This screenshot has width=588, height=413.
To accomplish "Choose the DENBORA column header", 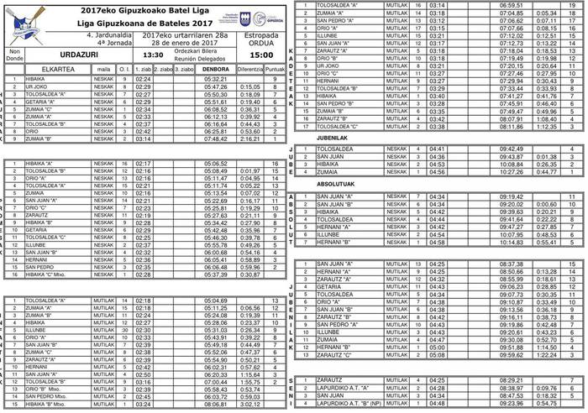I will pos(216,69).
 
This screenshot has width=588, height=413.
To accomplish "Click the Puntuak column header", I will pos(276,69).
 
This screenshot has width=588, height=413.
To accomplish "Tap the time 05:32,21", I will pos(216,78).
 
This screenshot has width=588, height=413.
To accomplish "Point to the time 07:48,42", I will pos(216,139).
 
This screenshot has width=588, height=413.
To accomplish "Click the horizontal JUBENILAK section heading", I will pos(333,138).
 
